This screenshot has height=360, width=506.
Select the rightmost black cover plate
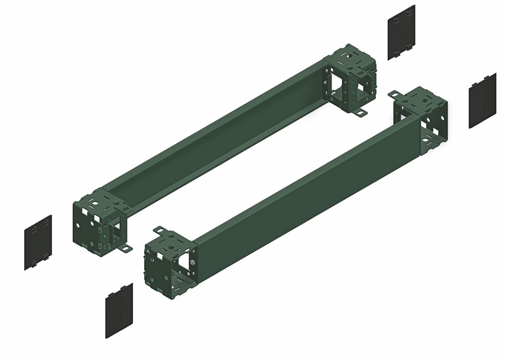pyautogui.click(x=482, y=101)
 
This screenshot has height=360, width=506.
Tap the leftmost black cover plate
pyautogui.click(x=38, y=243)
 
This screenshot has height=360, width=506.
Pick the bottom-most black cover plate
pyautogui.click(x=119, y=310)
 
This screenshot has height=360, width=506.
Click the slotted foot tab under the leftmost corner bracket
pyautogui.click(x=124, y=248)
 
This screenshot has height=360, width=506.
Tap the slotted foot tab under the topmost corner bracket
pyautogui.click(x=360, y=112)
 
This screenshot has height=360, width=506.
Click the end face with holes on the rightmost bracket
pyautogui.click(x=434, y=127)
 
